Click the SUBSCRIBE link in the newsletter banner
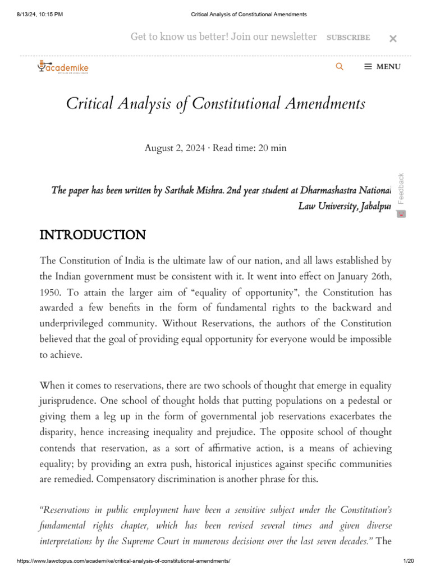click(348, 38)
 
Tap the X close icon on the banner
click(393, 38)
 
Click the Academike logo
click(63, 67)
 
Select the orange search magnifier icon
click(340, 66)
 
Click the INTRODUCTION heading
click(93, 235)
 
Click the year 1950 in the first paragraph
click(50, 293)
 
